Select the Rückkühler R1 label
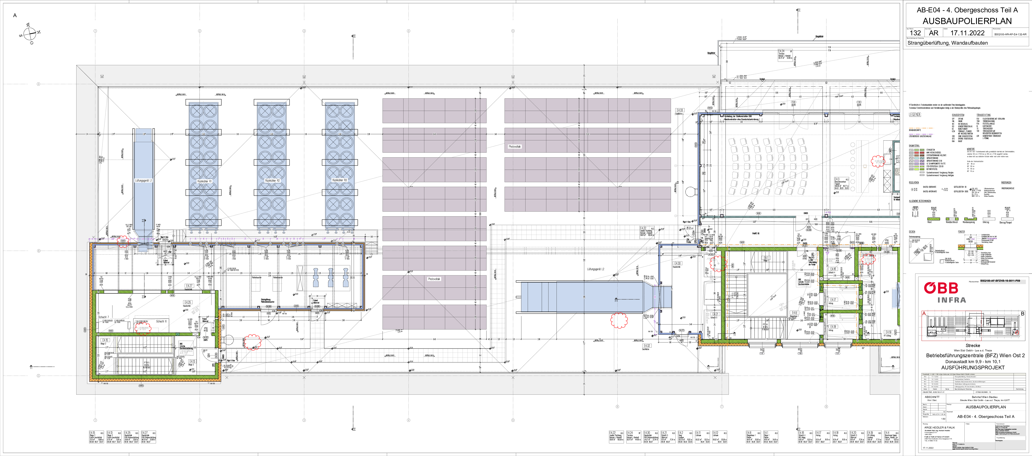(x=204, y=181)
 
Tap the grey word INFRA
(x=951, y=300)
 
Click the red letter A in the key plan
(x=924, y=313)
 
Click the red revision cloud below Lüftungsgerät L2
(x=619, y=320)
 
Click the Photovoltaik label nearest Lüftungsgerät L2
(x=514, y=146)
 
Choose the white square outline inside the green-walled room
(x=767, y=295)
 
